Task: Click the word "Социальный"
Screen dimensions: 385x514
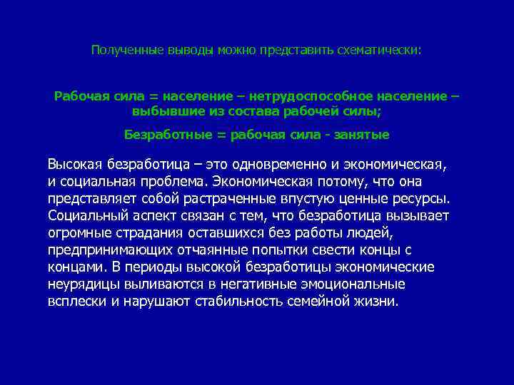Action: pos(84,215)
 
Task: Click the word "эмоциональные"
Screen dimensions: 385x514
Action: pos(363,284)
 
